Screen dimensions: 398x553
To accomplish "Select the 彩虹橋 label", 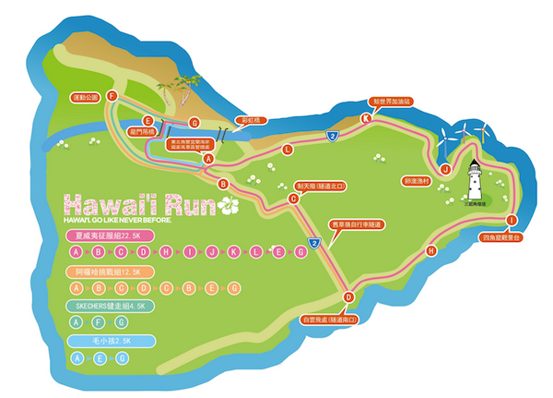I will point(247,119).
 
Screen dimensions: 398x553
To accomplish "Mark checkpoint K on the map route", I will point(366,117).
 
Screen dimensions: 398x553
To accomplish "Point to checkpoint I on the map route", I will point(512,220).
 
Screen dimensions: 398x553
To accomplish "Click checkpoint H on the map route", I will point(430,250).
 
